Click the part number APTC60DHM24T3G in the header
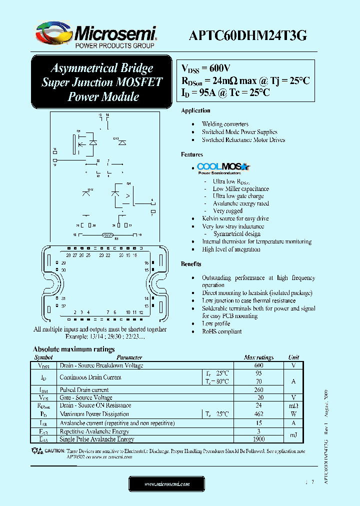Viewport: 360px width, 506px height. click(x=248, y=36)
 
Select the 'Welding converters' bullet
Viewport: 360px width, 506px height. click(x=225, y=124)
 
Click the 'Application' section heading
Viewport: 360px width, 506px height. click(x=195, y=110)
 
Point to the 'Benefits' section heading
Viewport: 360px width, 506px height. click(x=191, y=264)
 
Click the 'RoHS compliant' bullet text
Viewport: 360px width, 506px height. click(x=222, y=331)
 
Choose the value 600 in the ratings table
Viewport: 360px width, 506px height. click(x=258, y=365)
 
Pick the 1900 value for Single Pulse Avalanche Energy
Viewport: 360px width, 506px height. click(x=258, y=439)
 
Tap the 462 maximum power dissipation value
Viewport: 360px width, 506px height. click(x=258, y=414)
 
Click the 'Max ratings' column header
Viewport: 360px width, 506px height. click(x=258, y=357)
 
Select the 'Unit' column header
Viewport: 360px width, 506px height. click(x=293, y=357)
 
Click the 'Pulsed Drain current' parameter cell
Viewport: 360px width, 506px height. click(x=84, y=390)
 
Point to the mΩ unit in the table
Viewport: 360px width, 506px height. click(x=293, y=405)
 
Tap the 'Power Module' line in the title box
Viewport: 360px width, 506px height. click(x=103, y=96)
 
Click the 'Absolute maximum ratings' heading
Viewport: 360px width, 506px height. click(x=74, y=349)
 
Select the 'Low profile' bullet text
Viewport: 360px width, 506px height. click(x=216, y=324)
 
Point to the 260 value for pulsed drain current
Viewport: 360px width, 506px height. click(x=258, y=390)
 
